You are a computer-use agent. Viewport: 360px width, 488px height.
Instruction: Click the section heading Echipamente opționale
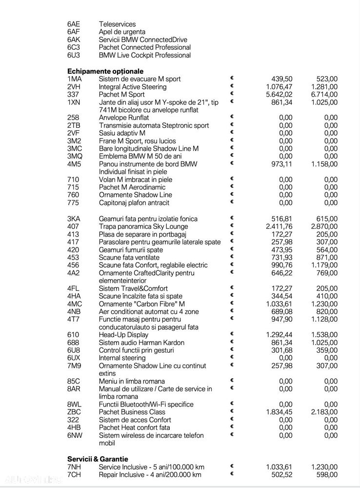click(105, 71)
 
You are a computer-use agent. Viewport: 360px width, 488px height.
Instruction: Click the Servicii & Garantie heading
click(98, 459)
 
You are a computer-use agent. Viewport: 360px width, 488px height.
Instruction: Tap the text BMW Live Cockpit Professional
click(144, 55)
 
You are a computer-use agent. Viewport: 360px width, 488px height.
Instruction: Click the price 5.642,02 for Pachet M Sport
click(279, 95)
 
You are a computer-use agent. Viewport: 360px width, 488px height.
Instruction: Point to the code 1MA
click(75, 79)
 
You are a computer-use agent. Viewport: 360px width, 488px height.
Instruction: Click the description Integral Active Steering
click(133, 87)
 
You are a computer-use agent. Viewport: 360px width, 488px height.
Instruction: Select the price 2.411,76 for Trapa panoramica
click(279, 226)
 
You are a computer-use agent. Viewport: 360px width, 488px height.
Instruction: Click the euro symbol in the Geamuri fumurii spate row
click(232, 249)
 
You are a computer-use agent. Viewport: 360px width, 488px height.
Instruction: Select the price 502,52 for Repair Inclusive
click(282, 474)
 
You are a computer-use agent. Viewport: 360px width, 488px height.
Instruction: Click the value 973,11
click(282, 164)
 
